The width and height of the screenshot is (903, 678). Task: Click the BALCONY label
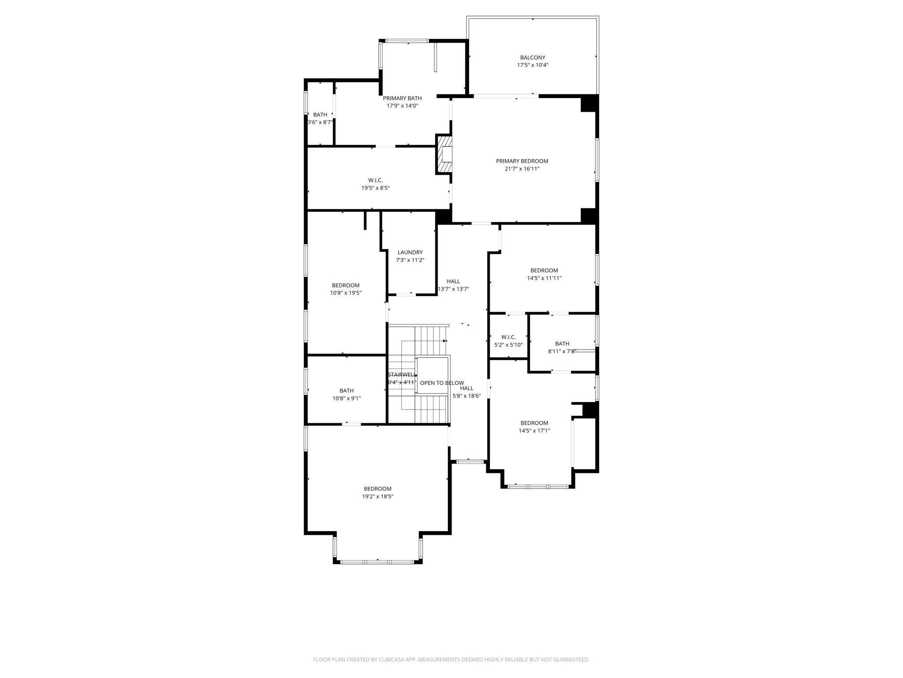click(x=533, y=57)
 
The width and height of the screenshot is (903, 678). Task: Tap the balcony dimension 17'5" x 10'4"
click(x=533, y=65)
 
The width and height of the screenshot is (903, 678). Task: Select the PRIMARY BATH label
click(x=402, y=98)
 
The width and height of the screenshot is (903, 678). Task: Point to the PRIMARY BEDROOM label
click(x=522, y=161)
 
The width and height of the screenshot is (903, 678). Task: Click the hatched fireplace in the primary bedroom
click(x=444, y=154)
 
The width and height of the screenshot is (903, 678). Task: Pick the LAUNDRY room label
click(x=410, y=252)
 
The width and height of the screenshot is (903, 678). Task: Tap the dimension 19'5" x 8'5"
click(x=376, y=188)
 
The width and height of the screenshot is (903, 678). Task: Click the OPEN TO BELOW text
click(x=442, y=383)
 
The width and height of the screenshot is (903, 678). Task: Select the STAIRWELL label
click(x=402, y=375)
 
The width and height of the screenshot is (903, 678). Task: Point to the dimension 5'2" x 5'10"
click(x=508, y=345)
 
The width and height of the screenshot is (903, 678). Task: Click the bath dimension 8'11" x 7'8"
click(x=562, y=351)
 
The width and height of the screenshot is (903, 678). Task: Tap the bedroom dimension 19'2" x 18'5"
click(x=378, y=497)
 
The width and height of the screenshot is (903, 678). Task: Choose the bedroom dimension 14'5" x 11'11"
click(x=544, y=278)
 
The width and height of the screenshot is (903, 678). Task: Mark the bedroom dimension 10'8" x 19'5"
click(x=346, y=293)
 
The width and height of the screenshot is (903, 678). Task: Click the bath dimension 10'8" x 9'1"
click(x=347, y=399)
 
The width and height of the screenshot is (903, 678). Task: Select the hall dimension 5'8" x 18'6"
click(x=466, y=396)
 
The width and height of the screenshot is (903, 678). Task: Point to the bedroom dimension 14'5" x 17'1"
click(x=534, y=431)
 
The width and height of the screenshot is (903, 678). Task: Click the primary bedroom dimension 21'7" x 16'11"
click(x=522, y=169)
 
